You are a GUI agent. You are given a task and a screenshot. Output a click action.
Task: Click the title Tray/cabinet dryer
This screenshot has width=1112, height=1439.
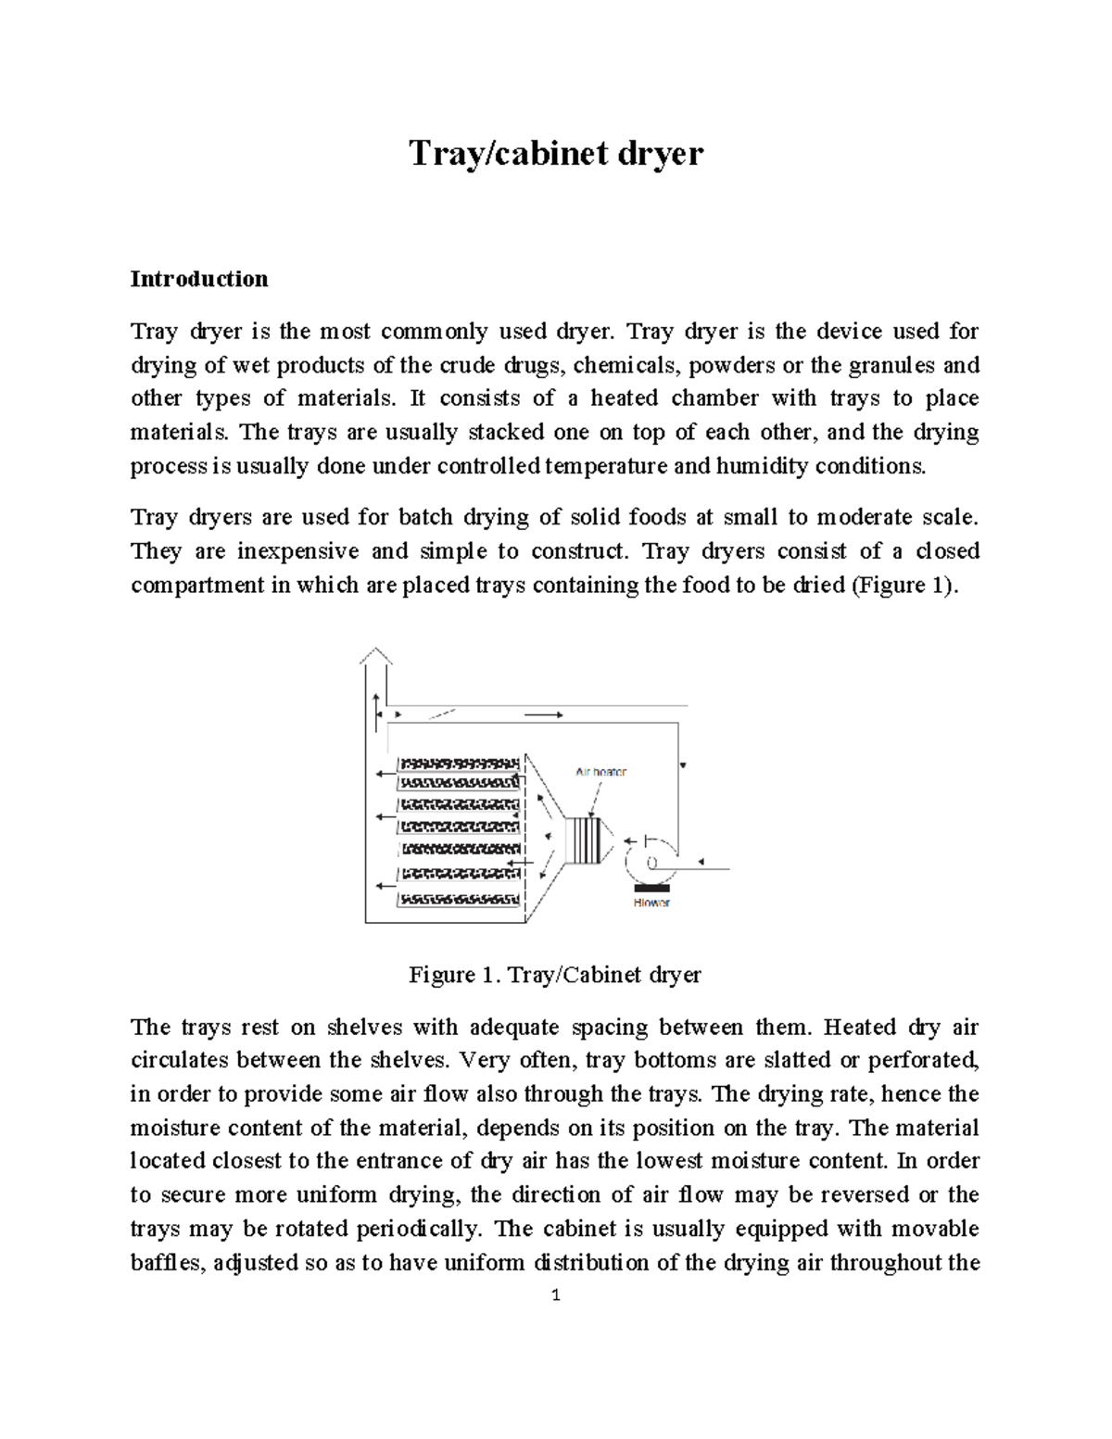pyautogui.click(x=556, y=153)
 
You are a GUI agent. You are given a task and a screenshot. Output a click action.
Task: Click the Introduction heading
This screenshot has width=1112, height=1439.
pyautogui.click(x=199, y=279)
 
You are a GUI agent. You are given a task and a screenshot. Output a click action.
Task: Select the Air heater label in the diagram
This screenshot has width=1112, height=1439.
pyautogui.click(x=601, y=771)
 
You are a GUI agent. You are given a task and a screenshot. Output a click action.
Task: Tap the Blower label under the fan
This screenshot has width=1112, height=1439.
pyautogui.click(x=651, y=903)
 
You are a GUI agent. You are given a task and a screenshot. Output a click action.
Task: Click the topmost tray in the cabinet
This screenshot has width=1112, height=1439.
pyautogui.click(x=460, y=764)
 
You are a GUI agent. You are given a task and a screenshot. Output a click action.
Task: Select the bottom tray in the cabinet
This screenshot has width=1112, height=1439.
pyautogui.click(x=460, y=899)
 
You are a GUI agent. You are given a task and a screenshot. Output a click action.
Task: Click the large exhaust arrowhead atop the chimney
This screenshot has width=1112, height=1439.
pyautogui.click(x=375, y=656)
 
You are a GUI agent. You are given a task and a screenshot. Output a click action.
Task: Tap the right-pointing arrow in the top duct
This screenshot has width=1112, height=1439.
pyautogui.click(x=544, y=715)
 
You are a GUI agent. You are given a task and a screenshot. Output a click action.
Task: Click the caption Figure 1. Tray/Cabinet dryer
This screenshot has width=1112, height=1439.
pyautogui.click(x=555, y=975)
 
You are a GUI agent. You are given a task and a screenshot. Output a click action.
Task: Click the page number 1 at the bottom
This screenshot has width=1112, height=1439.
pyautogui.click(x=555, y=1296)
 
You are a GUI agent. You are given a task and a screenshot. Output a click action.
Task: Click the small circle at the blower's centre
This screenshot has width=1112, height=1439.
pyautogui.click(x=651, y=863)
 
